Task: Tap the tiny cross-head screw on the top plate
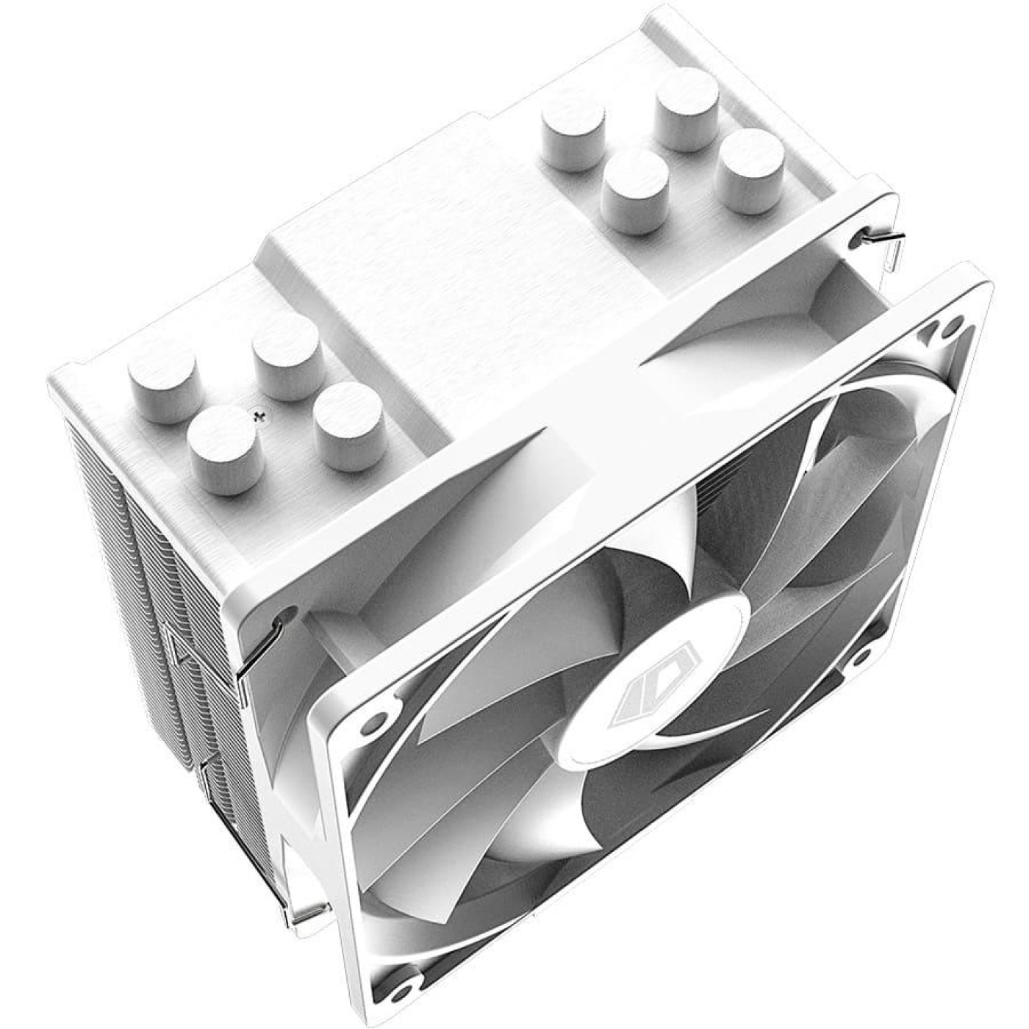point(257,418)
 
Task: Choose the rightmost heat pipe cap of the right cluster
point(751,172)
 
